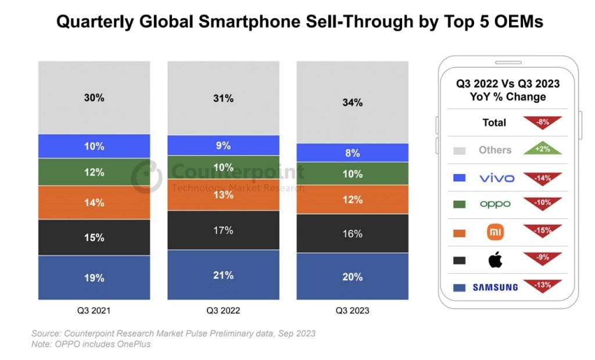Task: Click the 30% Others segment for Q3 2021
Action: pyautogui.click(x=94, y=98)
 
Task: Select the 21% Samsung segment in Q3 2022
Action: pyautogui.click(x=223, y=275)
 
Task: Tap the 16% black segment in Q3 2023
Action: pyautogui.click(x=353, y=233)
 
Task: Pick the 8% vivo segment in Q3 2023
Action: pyautogui.click(x=353, y=153)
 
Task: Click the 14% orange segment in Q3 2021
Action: pyautogui.click(x=94, y=203)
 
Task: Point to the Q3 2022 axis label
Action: pyautogui.click(x=223, y=310)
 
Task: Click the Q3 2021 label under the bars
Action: pyautogui.click(x=94, y=310)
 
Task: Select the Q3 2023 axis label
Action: pyautogui.click(x=353, y=310)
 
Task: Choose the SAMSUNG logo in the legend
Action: pyautogui.click(x=495, y=287)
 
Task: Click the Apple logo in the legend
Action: pyautogui.click(x=495, y=260)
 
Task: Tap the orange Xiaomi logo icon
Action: pyautogui.click(x=495, y=232)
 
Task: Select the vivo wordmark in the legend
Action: pyautogui.click(x=495, y=178)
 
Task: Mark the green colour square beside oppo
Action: pyautogui.click(x=459, y=204)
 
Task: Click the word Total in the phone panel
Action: pyautogui.click(x=494, y=123)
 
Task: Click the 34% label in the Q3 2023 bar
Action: pyautogui.click(x=353, y=103)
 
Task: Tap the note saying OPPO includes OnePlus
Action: pyautogui.click(x=91, y=344)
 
